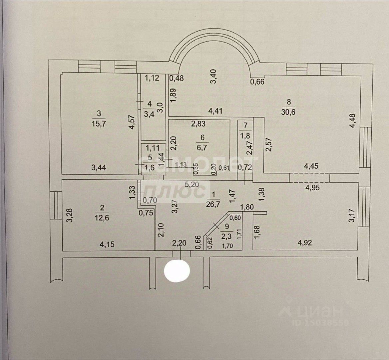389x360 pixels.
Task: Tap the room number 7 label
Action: click(x=245, y=126)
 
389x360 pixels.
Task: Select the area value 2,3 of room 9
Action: click(x=226, y=237)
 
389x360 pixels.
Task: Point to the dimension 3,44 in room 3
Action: click(x=99, y=168)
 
